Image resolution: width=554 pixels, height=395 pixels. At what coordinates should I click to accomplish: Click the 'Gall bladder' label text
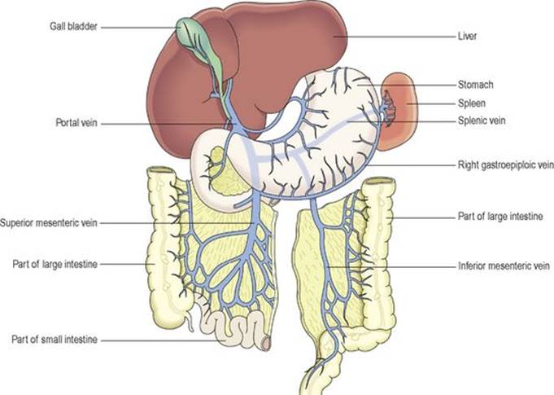(x=73, y=27)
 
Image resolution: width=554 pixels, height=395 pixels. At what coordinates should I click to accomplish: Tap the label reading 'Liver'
(x=467, y=36)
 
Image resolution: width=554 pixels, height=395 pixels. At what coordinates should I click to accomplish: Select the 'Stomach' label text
(x=475, y=85)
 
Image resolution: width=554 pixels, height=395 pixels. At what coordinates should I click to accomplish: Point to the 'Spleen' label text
(x=472, y=103)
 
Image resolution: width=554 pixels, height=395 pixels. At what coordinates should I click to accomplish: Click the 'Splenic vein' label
(x=482, y=121)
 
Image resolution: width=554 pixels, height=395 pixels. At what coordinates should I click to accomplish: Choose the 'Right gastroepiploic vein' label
(x=505, y=165)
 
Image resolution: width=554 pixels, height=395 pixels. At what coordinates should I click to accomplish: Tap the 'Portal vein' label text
(x=76, y=123)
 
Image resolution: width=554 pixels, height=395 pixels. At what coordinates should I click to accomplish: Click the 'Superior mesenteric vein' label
(x=49, y=223)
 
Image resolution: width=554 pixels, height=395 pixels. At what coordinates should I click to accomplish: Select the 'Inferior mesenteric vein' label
(x=504, y=266)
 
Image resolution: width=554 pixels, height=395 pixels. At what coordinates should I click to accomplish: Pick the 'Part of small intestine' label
(x=55, y=340)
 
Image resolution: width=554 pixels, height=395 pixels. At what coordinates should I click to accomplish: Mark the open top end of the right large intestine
(x=380, y=182)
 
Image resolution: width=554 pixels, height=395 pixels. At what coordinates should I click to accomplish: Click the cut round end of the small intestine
(x=266, y=344)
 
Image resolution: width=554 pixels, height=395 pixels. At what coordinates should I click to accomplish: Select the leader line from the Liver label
(x=395, y=37)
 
